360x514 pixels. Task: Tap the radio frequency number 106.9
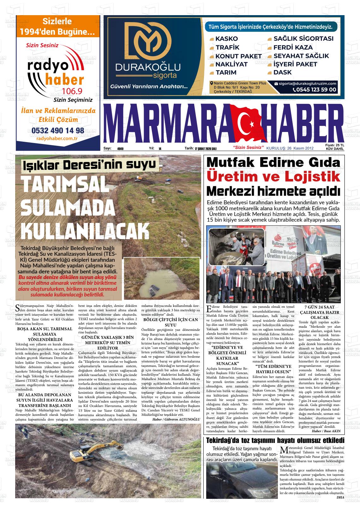(72, 91)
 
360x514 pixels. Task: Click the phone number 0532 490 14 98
(58, 130)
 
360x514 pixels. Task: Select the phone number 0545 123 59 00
(315, 90)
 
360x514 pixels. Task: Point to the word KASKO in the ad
(226, 39)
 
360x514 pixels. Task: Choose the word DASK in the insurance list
(283, 72)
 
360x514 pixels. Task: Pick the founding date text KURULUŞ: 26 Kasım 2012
(290, 148)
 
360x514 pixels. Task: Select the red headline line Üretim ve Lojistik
(273, 177)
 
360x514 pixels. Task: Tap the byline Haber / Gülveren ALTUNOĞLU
(176, 419)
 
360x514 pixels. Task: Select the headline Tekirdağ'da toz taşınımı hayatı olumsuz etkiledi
(275, 440)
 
